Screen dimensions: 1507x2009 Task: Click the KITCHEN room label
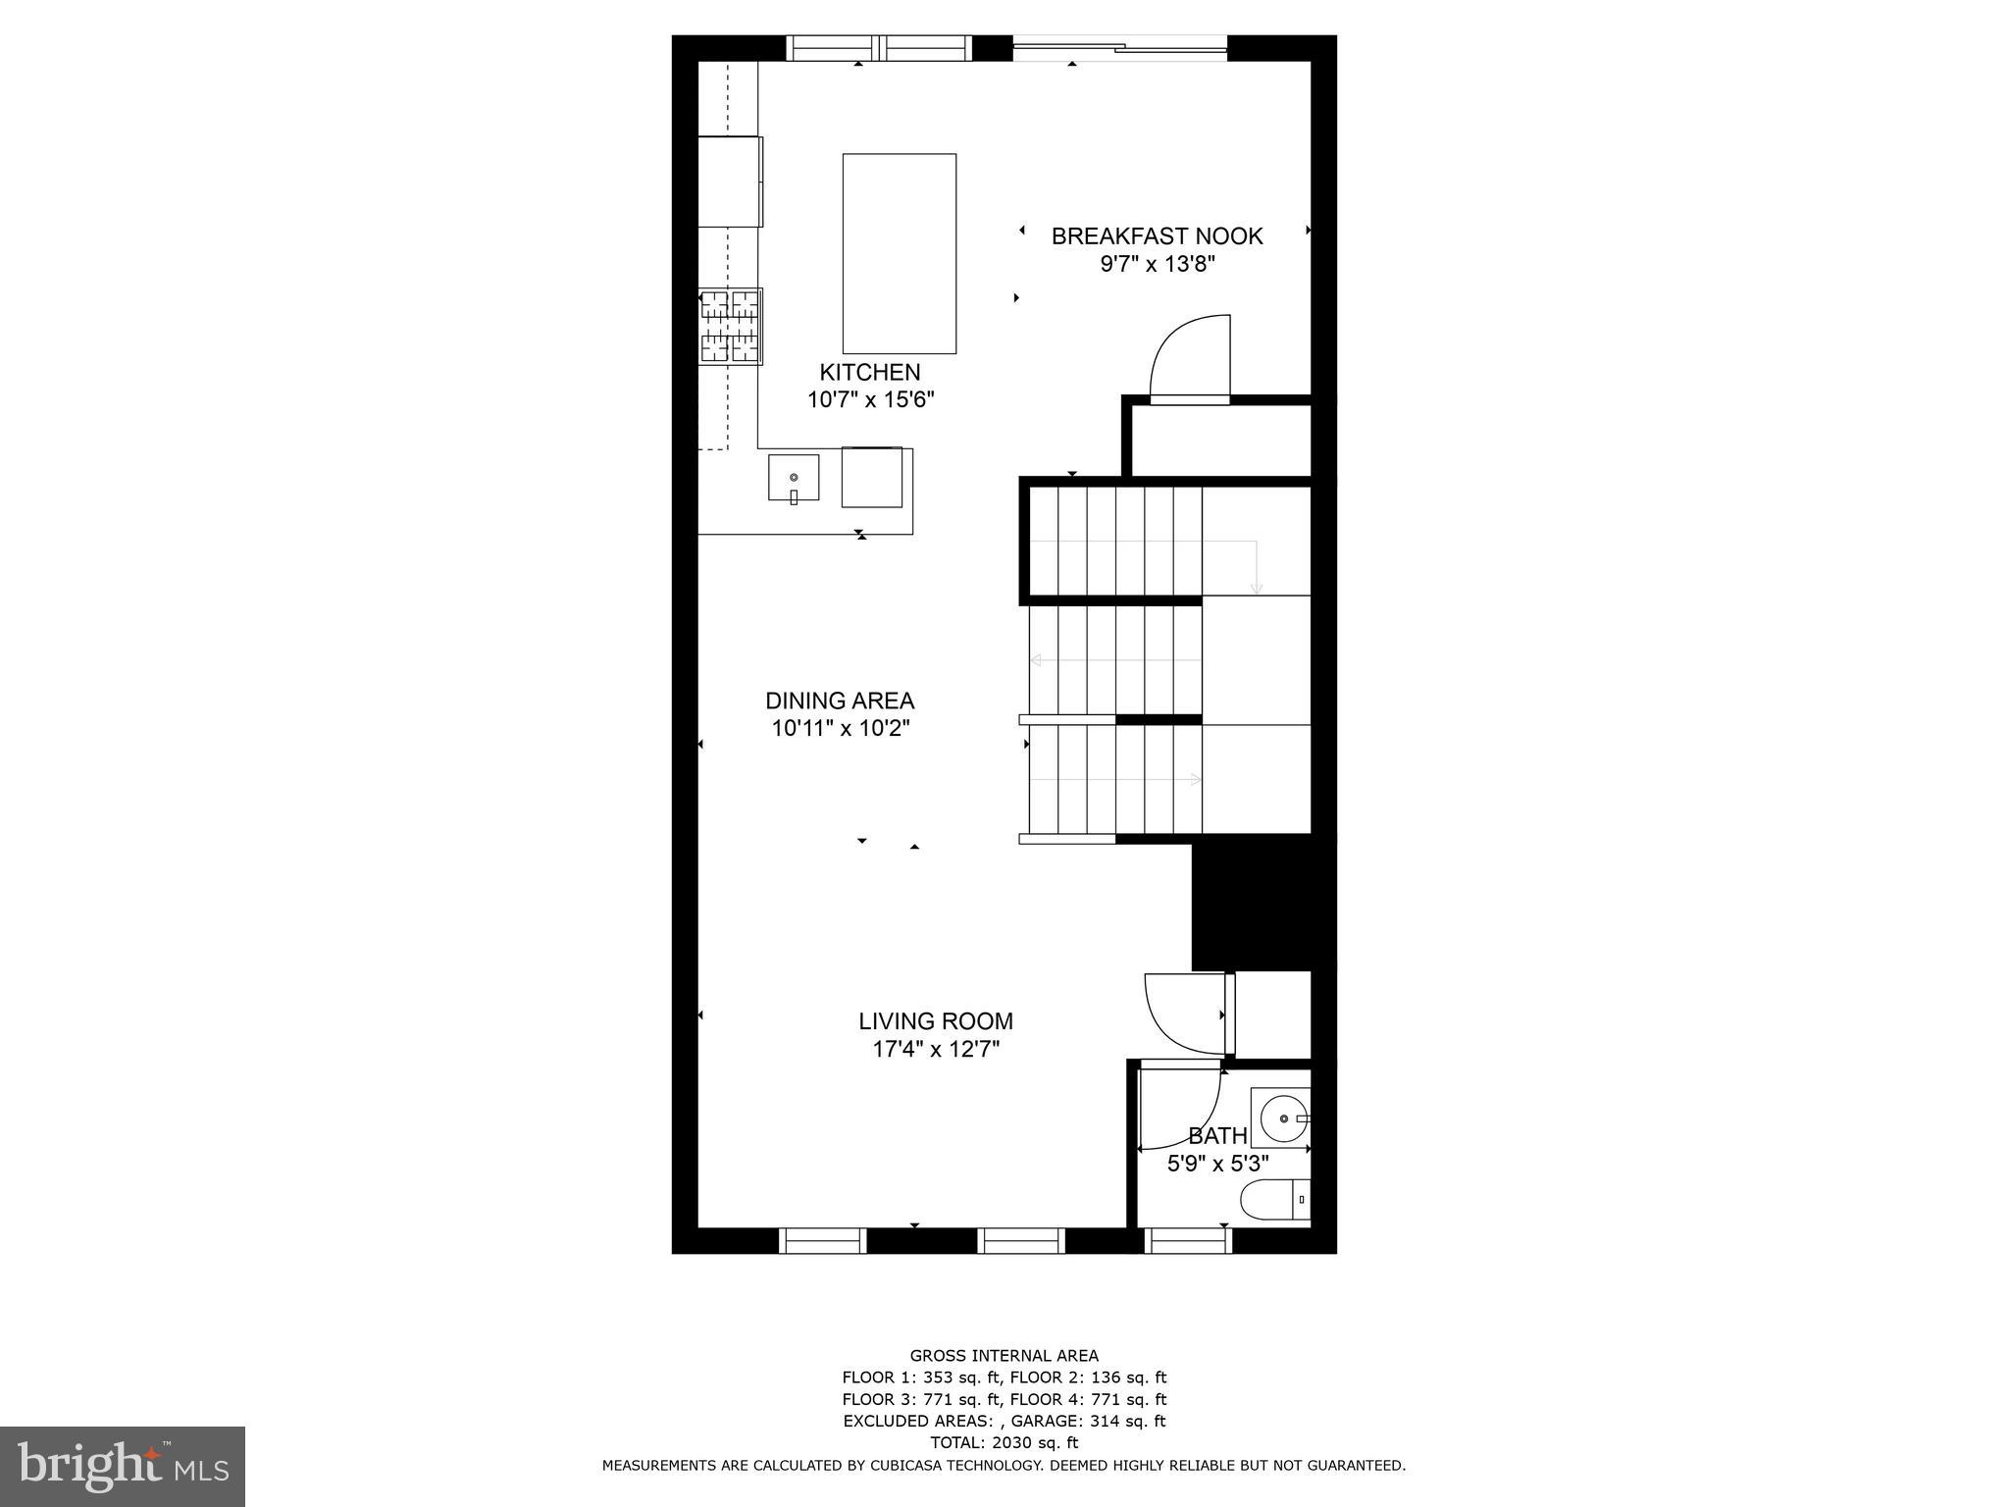click(869, 373)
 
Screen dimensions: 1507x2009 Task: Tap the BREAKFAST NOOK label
click(1157, 236)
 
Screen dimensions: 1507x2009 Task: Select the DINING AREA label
click(840, 702)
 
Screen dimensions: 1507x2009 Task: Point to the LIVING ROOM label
click(936, 1022)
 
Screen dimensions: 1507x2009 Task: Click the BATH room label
click(1217, 1136)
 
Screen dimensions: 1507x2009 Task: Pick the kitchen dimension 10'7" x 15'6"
click(870, 400)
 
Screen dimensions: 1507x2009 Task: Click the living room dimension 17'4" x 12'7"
click(936, 1050)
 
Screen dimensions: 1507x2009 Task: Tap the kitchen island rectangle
click(899, 253)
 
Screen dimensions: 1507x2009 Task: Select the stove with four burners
click(731, 327)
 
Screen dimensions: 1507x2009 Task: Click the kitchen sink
click(793, 478)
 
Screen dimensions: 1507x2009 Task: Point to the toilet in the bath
click(1273, 1199)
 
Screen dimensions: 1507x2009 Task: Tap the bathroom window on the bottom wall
click(1188, 1241)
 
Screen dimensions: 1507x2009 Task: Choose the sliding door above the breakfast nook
click(1119, 46)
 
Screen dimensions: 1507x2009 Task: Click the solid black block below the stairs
click(1262, 904)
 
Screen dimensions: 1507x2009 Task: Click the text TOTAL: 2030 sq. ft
click(1004, 1442)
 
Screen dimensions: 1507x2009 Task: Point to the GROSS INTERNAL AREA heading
click(1004, 1356)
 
